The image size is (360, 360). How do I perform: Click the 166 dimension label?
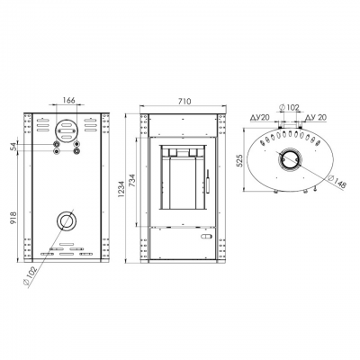coord(68,100)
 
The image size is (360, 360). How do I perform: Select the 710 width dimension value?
coord(184,101)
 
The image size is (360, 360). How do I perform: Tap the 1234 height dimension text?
coord(121,189)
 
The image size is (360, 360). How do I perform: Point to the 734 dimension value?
coord(132,181)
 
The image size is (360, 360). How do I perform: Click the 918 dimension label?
coord(13,218)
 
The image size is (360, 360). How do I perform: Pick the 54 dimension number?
coord(13,147)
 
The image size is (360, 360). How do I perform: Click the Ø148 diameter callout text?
coord(337,181)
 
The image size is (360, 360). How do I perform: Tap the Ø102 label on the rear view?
coord(30,276)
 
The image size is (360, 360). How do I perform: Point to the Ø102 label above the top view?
coord(289,107)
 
